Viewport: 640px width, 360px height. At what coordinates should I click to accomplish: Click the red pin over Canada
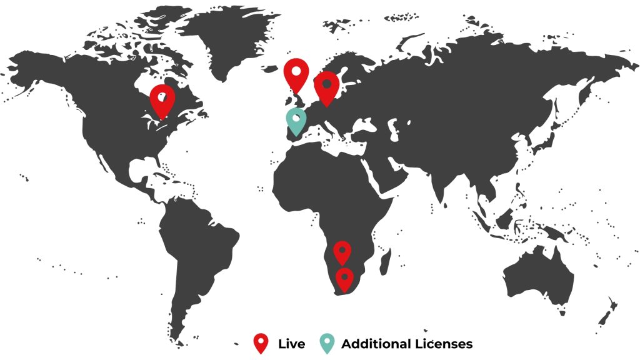[162, 99]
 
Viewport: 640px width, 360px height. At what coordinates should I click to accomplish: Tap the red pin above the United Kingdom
[296, 73]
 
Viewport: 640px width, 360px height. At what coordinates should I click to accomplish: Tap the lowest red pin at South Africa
[344, 278]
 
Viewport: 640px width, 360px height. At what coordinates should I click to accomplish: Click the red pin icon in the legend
[261, 343]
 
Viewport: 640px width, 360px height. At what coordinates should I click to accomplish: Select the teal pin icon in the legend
[326, 343]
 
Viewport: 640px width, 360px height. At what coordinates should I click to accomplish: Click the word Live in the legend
[292, 344]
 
